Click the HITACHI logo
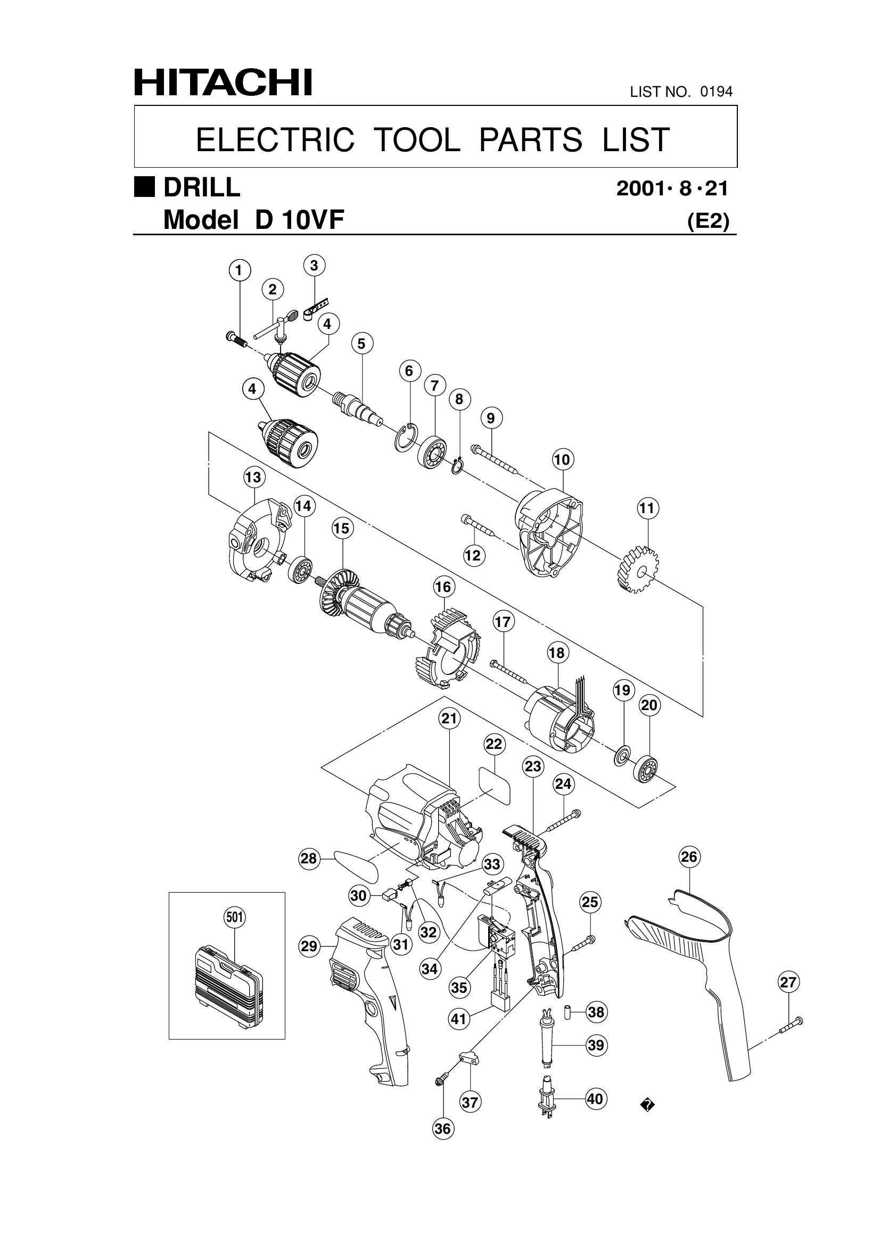coord(223,83)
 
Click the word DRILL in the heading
coord(202,188)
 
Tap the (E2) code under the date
coord(708,221)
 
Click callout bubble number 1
coord(239,270)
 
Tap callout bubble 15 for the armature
coord(342,527)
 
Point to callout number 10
coord(562,460)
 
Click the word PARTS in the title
coord(531,139)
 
